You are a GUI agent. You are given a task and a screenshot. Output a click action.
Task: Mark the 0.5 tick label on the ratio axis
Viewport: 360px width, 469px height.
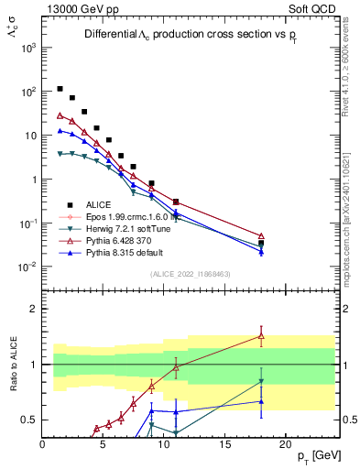pos(27,420)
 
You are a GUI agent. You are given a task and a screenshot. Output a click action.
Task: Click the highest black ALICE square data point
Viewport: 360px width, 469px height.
pos(60,89)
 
